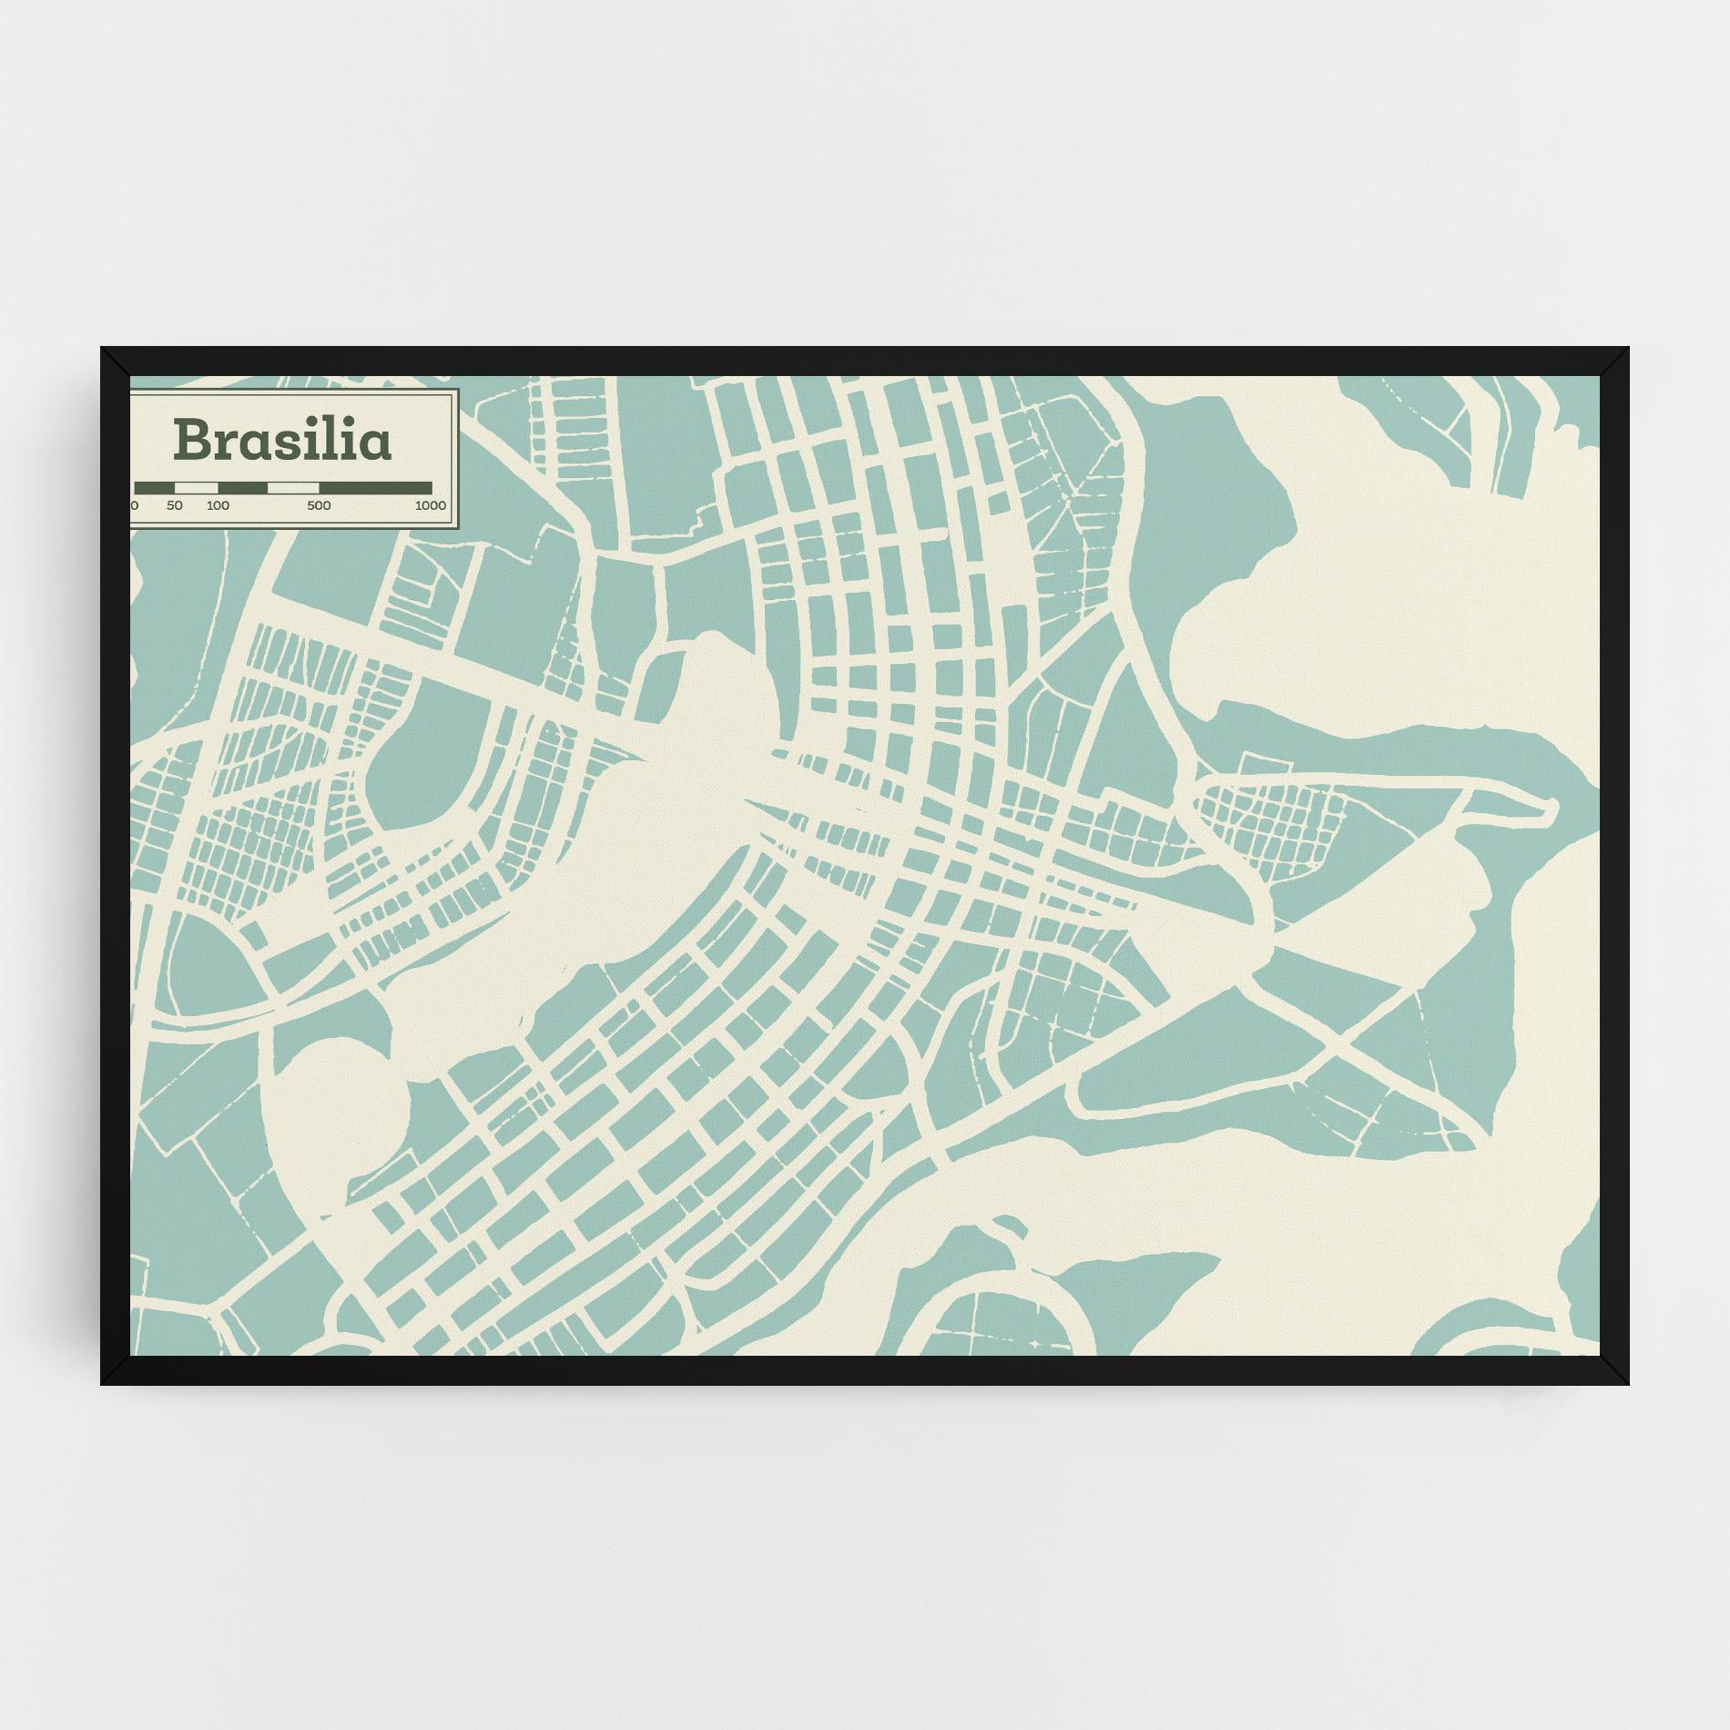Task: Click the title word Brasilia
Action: (282, 441)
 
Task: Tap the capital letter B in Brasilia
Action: (192, 441)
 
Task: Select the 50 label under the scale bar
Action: (175, 505)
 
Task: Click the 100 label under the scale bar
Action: (218, 505)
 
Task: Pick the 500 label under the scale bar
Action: (319, 505)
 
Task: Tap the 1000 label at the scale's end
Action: (430, 505)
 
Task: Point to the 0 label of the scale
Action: (135, 505)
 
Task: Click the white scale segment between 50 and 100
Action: (196, 488)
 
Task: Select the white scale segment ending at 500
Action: (292, 488)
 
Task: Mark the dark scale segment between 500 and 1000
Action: (375, 488)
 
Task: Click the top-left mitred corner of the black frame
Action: (115, 361)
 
